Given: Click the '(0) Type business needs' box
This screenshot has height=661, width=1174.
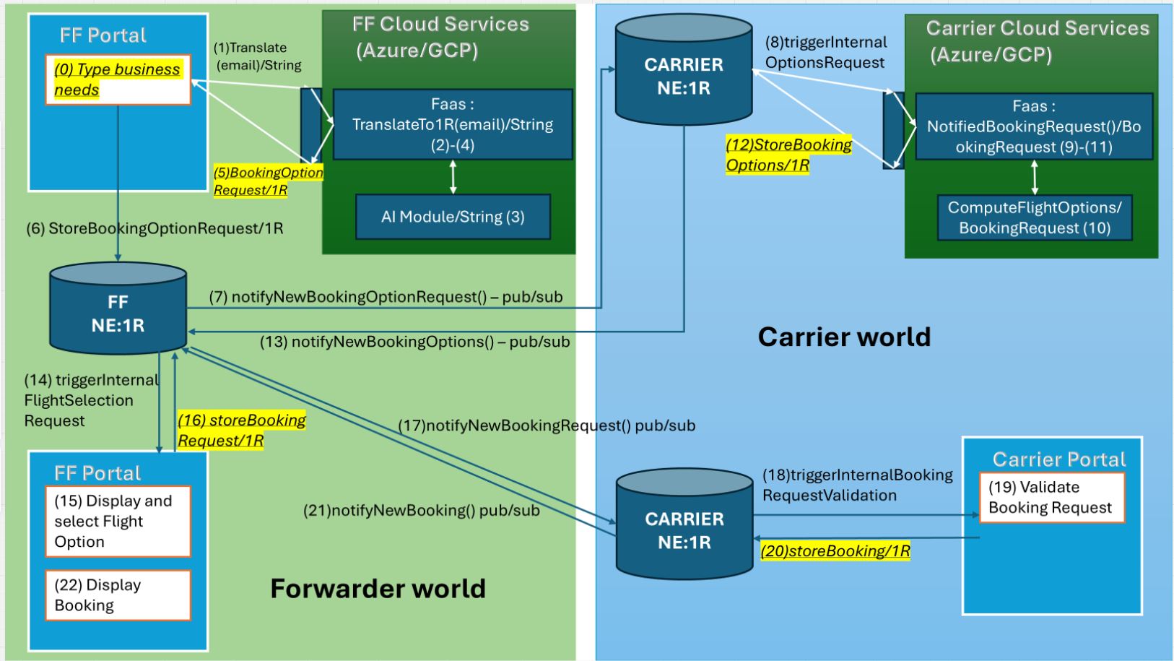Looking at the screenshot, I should (x=118, y=79).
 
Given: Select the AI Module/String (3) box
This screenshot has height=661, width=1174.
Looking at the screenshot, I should (x=453, y=217).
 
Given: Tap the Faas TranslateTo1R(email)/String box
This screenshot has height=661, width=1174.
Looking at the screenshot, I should (x=453, y=124).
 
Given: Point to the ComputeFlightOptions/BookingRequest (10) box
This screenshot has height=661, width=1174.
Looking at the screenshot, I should (x=1034, y=217).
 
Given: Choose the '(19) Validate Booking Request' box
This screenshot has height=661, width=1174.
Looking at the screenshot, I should (x=1051, y=497).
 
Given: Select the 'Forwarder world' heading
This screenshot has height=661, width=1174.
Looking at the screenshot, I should (x=378, y=589).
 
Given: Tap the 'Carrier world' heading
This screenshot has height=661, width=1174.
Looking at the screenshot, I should (x=844, y=337).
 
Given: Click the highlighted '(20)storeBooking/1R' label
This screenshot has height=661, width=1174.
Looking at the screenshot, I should (x=835, y=551).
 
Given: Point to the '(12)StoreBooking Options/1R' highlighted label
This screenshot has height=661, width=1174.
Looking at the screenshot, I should (x=788, y=155).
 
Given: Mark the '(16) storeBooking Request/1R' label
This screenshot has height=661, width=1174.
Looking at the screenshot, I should (x=242, y=431).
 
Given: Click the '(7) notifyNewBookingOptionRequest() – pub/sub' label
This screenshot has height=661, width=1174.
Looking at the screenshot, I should (x=386, y=297).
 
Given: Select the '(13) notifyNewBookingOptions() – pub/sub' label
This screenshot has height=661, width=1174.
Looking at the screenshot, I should (x=414, y=342).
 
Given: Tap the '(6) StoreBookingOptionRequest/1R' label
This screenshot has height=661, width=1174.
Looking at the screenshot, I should (x=155, y=229).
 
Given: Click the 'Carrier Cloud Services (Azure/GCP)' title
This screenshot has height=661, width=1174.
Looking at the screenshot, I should (x=1037, y=41).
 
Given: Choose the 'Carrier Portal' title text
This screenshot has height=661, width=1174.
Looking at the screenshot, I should (x=1058, y=459).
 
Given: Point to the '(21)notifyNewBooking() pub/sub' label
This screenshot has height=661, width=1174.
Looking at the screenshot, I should (x=421, y=511).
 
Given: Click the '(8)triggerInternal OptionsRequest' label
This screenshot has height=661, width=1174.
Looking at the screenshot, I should (x=826, y=53).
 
